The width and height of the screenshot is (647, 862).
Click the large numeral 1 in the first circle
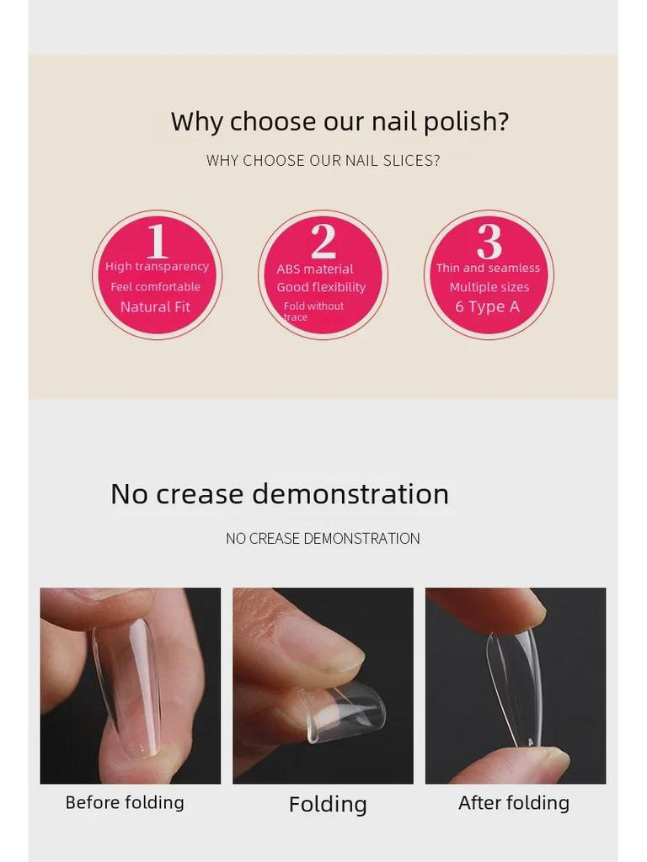(157, 241)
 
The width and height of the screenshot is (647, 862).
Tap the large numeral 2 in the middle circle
(323, 241)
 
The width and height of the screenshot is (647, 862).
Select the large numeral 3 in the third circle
(489, 241)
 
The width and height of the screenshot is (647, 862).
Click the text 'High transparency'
(157, 267)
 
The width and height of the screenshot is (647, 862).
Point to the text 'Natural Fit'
(155, 307)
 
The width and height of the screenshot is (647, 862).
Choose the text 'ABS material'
(315, 269)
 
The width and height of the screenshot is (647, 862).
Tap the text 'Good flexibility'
(321, 287)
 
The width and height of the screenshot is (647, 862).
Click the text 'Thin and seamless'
(488, 268)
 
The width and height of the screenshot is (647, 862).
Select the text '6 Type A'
(487, 307)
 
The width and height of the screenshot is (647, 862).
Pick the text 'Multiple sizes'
(489, 287)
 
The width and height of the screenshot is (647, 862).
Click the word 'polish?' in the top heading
(466, 122)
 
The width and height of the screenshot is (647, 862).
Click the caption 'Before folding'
(125, 802)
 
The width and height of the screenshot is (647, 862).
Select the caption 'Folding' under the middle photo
(328, 805)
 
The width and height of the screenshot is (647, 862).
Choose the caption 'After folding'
(513, 803)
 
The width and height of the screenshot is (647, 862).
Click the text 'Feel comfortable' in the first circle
(156, 287)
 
